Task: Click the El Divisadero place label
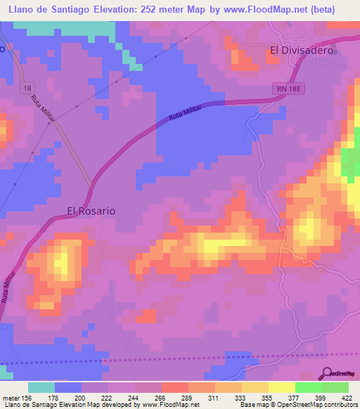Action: point(302,50)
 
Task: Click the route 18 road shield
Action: point(27,86)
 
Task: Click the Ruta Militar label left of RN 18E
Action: point(189,114)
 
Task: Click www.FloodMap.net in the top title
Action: point(271,8)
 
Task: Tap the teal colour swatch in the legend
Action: point(41,387)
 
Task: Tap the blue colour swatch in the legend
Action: point(68,387)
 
